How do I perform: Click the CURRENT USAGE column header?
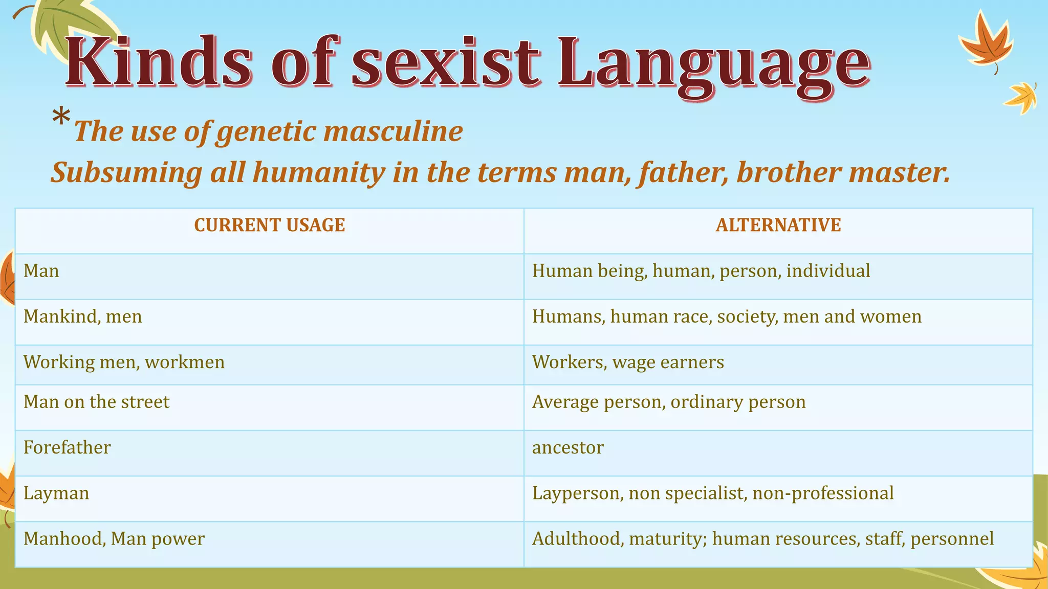[270, 225]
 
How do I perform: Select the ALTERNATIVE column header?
[778, 225]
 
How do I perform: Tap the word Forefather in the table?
[67, 448]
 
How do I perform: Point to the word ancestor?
[567, 448]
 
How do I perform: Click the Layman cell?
[56, 493]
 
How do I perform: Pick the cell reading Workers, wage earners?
[628, 363]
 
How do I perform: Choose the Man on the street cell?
[96, 402]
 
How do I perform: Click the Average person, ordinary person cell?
[669, 402]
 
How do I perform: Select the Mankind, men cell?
[83, 317]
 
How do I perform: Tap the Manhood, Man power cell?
[114, 539]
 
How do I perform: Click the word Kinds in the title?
[159, 62]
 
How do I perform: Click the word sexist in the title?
[445, 62]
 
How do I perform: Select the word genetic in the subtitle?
[266, 132]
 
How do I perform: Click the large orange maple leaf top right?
[985, 41]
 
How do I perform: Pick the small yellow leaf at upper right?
[1021, 97]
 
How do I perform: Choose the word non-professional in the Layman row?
[823, 493]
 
